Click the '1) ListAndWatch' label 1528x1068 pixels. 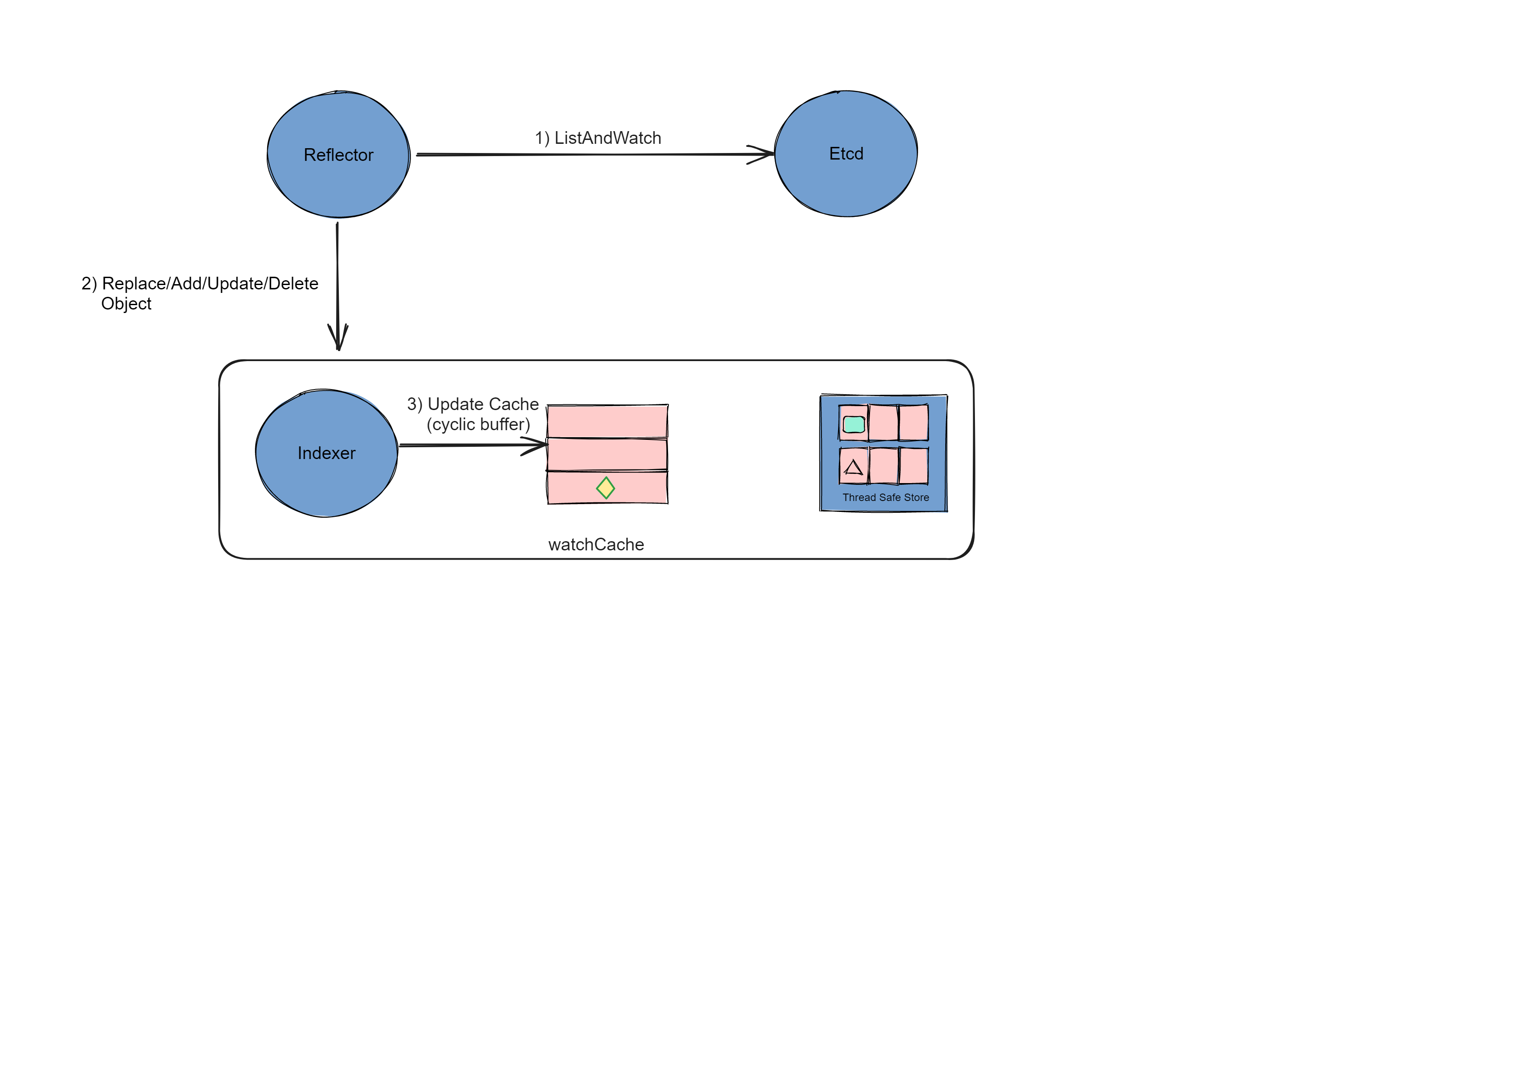coord(598,138)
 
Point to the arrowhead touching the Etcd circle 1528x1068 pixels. coord(766,154)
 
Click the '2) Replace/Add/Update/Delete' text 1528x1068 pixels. coord(200,283)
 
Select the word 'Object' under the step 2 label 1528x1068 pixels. coord(126,303)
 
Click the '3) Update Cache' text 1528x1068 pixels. coord(473,404)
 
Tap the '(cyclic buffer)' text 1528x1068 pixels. coord(478,424)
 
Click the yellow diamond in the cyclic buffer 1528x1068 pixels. coord(605,488)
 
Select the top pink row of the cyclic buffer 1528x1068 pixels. coord(607,421)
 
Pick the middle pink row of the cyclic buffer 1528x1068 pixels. coord(607,455)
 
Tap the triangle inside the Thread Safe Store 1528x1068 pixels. coord(853,467)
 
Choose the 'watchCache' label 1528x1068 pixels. coord(595,544)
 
